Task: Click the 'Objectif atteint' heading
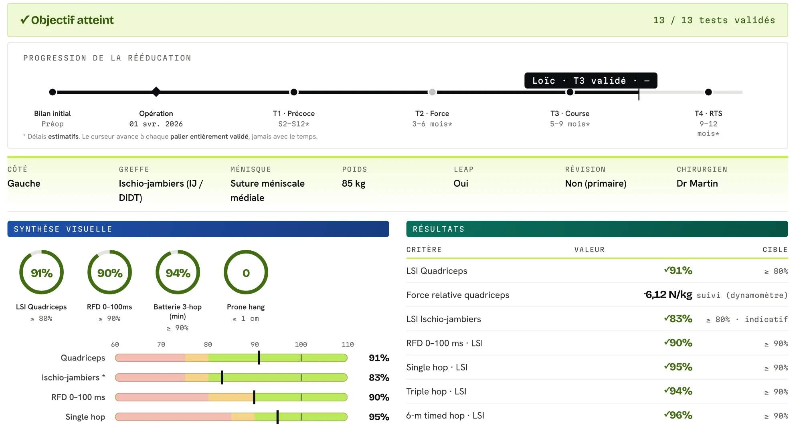tap(67, 20)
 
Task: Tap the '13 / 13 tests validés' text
tap(714, 20)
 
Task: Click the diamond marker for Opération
tap(156, 92)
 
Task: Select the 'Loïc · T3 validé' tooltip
tap(591, 81)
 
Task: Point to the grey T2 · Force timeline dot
tap(432, 92)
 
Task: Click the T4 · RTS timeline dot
tap(708, 92)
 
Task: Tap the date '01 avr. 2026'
tap(156, 124)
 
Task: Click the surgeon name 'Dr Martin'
tap(697, 183)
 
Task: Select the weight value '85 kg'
tap(354, 183)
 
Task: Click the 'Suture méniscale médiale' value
tap(267, 191)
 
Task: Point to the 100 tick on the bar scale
tap(301, 344)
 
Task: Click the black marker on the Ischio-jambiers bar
tap(222, 377)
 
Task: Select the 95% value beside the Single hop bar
tap(379, 417)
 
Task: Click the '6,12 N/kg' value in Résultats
tap(668, 295)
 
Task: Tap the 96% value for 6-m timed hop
tap(678, 415)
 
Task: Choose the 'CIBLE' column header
tap(775, 250)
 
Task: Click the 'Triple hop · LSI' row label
tap(436, 391)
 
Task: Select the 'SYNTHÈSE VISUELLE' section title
tap(63, 229)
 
